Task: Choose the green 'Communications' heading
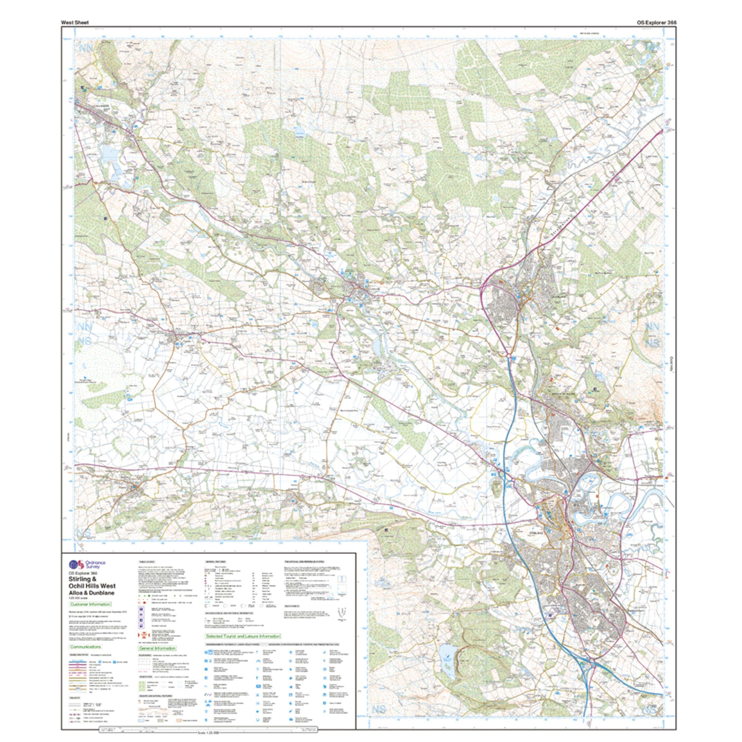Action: click(x=85, y=647)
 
